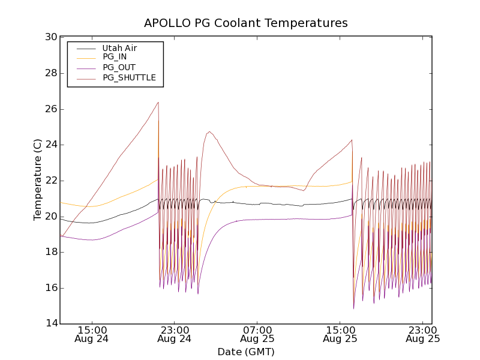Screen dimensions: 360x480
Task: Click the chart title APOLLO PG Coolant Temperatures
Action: [246, 23]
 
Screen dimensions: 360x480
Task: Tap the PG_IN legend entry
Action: [115, 57]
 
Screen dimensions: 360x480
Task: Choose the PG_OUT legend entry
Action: [119, 67]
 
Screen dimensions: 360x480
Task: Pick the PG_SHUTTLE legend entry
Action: [129, 77]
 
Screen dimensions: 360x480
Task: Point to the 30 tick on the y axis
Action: [50, 37]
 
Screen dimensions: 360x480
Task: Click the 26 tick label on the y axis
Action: [50, 109]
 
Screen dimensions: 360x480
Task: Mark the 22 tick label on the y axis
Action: [50, 181]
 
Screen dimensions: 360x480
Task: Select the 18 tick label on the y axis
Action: [50, 252]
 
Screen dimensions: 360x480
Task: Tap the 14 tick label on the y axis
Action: [50, 324]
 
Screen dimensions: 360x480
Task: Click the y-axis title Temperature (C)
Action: [38, 180]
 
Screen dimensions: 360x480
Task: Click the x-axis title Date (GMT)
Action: [246, 352]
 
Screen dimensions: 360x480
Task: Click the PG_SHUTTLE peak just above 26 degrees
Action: [158, 103]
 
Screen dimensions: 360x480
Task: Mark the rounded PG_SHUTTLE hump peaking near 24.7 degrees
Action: [209, 132]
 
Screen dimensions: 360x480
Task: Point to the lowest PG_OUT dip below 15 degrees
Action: [353, 308]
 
